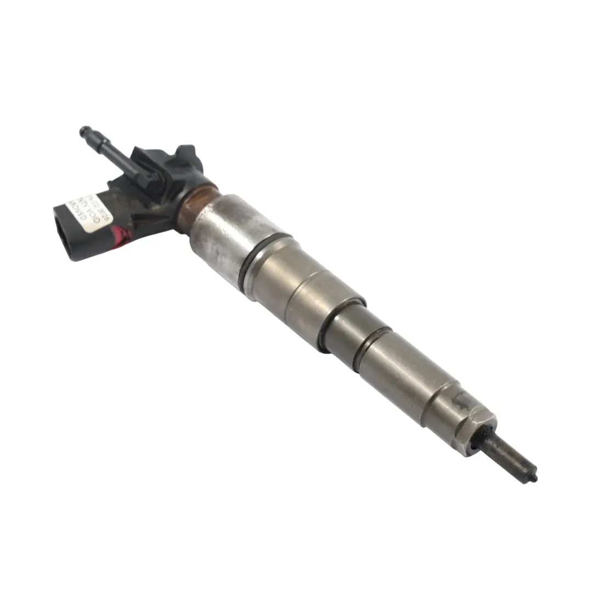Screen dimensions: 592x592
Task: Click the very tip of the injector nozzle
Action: tap(534, 479)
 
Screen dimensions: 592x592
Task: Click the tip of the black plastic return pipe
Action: tap(84, 131)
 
